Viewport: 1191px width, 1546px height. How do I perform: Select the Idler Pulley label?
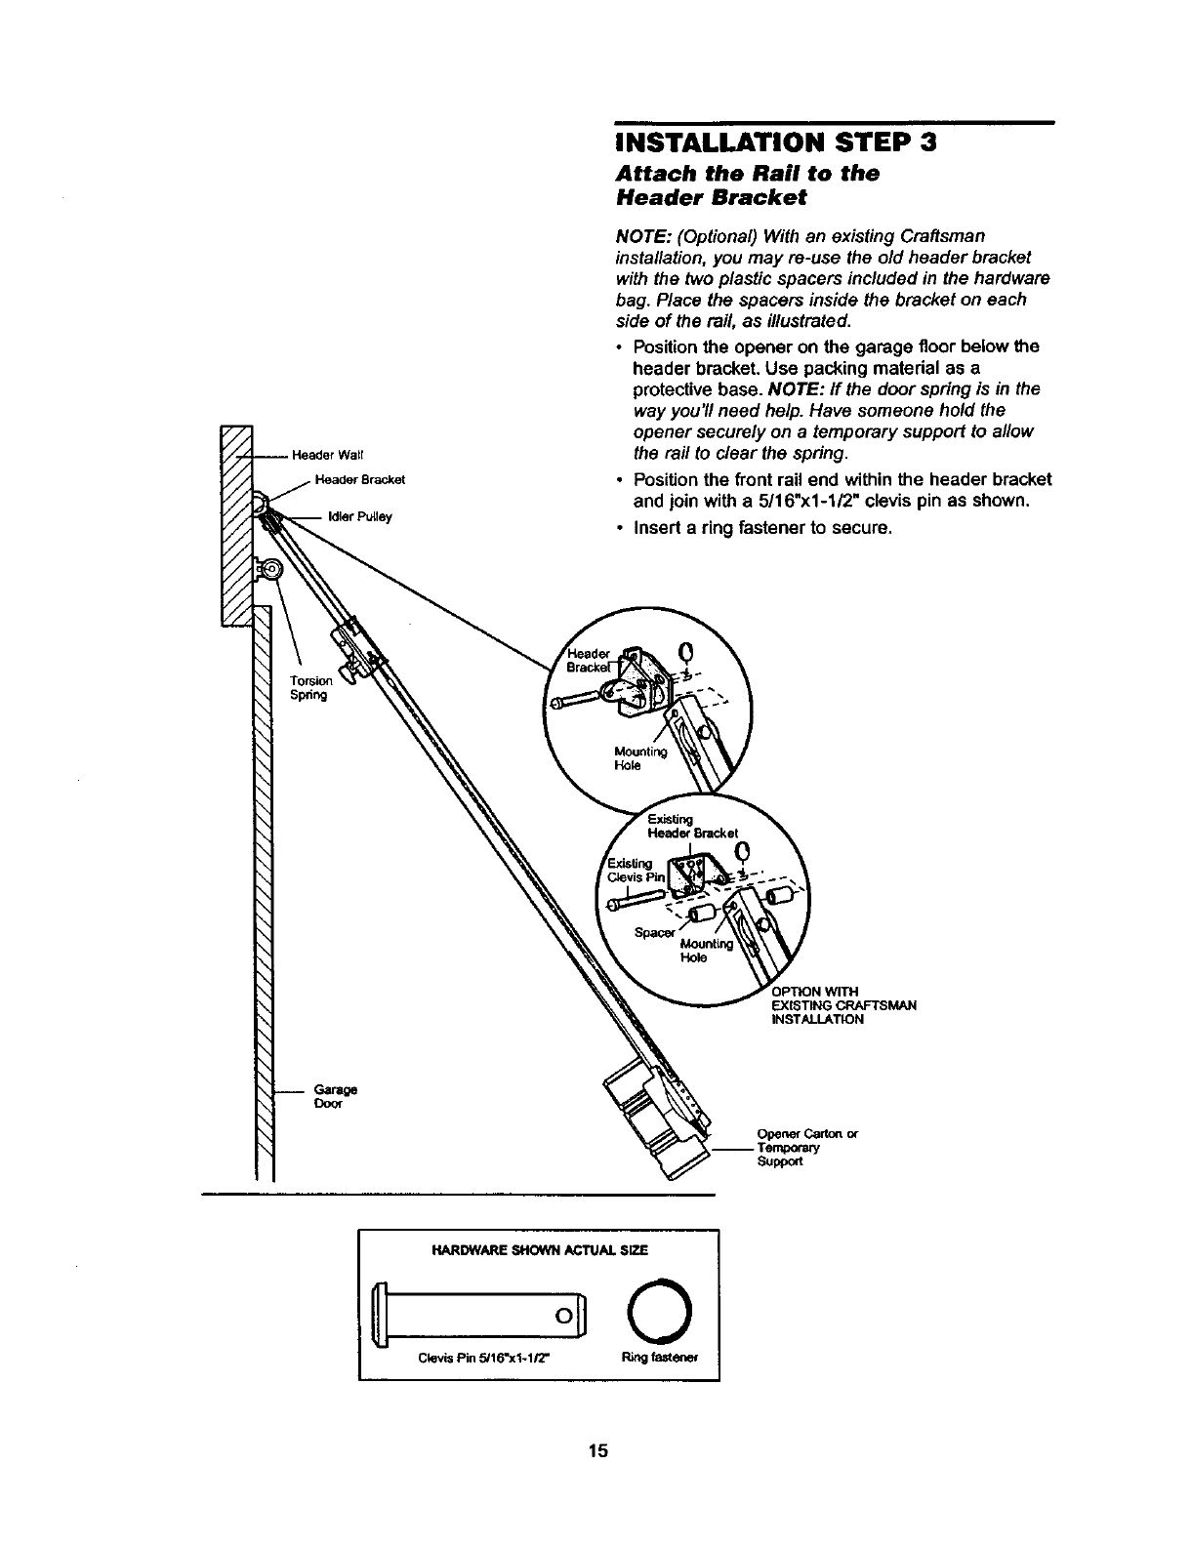360,517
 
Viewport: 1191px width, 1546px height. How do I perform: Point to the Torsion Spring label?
311,687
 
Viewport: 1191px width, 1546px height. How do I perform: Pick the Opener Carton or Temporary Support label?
806,1148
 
